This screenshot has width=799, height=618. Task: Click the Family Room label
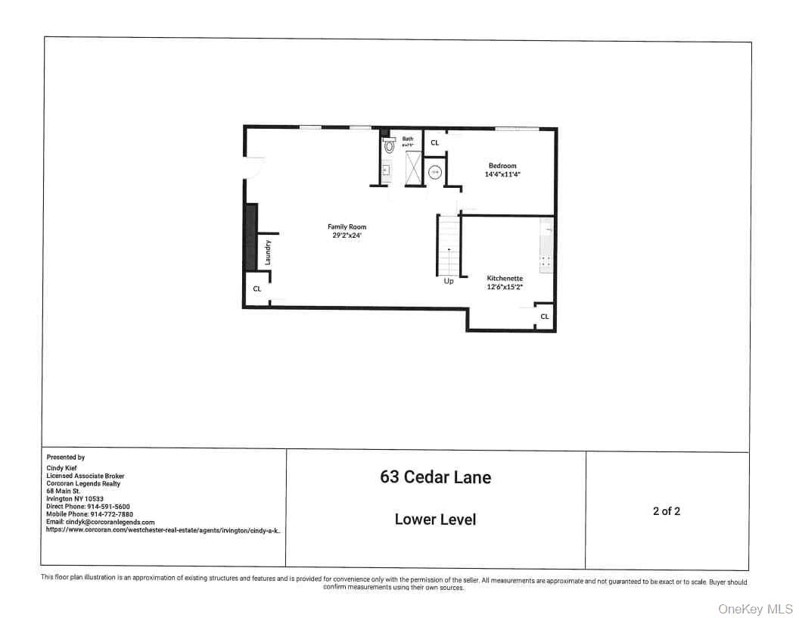pos(347,226)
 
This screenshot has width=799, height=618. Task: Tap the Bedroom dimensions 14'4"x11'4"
pos(502,174)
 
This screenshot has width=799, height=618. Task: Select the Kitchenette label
pos(505,278)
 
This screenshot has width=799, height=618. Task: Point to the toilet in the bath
pos(389,147)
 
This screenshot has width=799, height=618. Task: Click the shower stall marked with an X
pos(413,167)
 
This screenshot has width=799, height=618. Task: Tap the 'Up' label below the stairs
pos(449,281)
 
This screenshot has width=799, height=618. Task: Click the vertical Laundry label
pos(268,252)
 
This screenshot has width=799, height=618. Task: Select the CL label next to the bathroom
pos(434,142)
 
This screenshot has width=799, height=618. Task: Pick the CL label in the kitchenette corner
pos(544,316)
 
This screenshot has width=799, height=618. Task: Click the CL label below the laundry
pos(256,289)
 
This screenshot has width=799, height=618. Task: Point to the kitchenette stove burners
pos(546,262)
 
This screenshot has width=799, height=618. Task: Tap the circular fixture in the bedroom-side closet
pos(435,173)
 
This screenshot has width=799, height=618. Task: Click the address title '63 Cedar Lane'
pos(435,477)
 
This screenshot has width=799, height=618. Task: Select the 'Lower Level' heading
pos(435,520)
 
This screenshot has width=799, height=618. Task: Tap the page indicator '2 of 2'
pos(666,511)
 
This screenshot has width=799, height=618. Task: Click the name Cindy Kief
pos(63,468)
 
